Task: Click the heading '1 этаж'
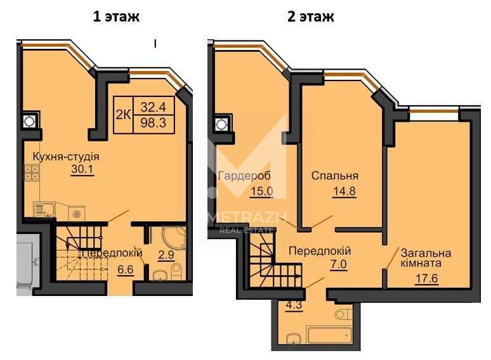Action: click(x=116, y=16)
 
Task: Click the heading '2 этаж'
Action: click(x=311, y=16)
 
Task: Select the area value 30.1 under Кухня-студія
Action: click(x=82, y=169)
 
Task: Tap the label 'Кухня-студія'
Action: click(x=66, y=157)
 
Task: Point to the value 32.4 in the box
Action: click(x=153, y=107)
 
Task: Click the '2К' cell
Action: click(x=123, y=115)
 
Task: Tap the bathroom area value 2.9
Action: click(x=166, y=255)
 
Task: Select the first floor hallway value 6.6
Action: click(x=126, y=269)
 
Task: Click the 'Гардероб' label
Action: click(x=244, y=176)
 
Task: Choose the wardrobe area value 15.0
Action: click(x=262, y=191)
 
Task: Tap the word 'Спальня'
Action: click(x=335, y=176)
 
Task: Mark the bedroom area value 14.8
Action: click(x=344, y=191)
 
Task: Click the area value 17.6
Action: click(x=426, y=278)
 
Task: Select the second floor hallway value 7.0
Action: click(x=339, y=264)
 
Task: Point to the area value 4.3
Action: click(x=294, y=305)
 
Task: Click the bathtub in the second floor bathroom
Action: click(x=329, y=335)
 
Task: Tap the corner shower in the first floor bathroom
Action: click(x=174, y=238)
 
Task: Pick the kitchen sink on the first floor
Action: click(x=44, y=209)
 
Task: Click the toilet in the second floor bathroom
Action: click(x=343, y=314)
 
